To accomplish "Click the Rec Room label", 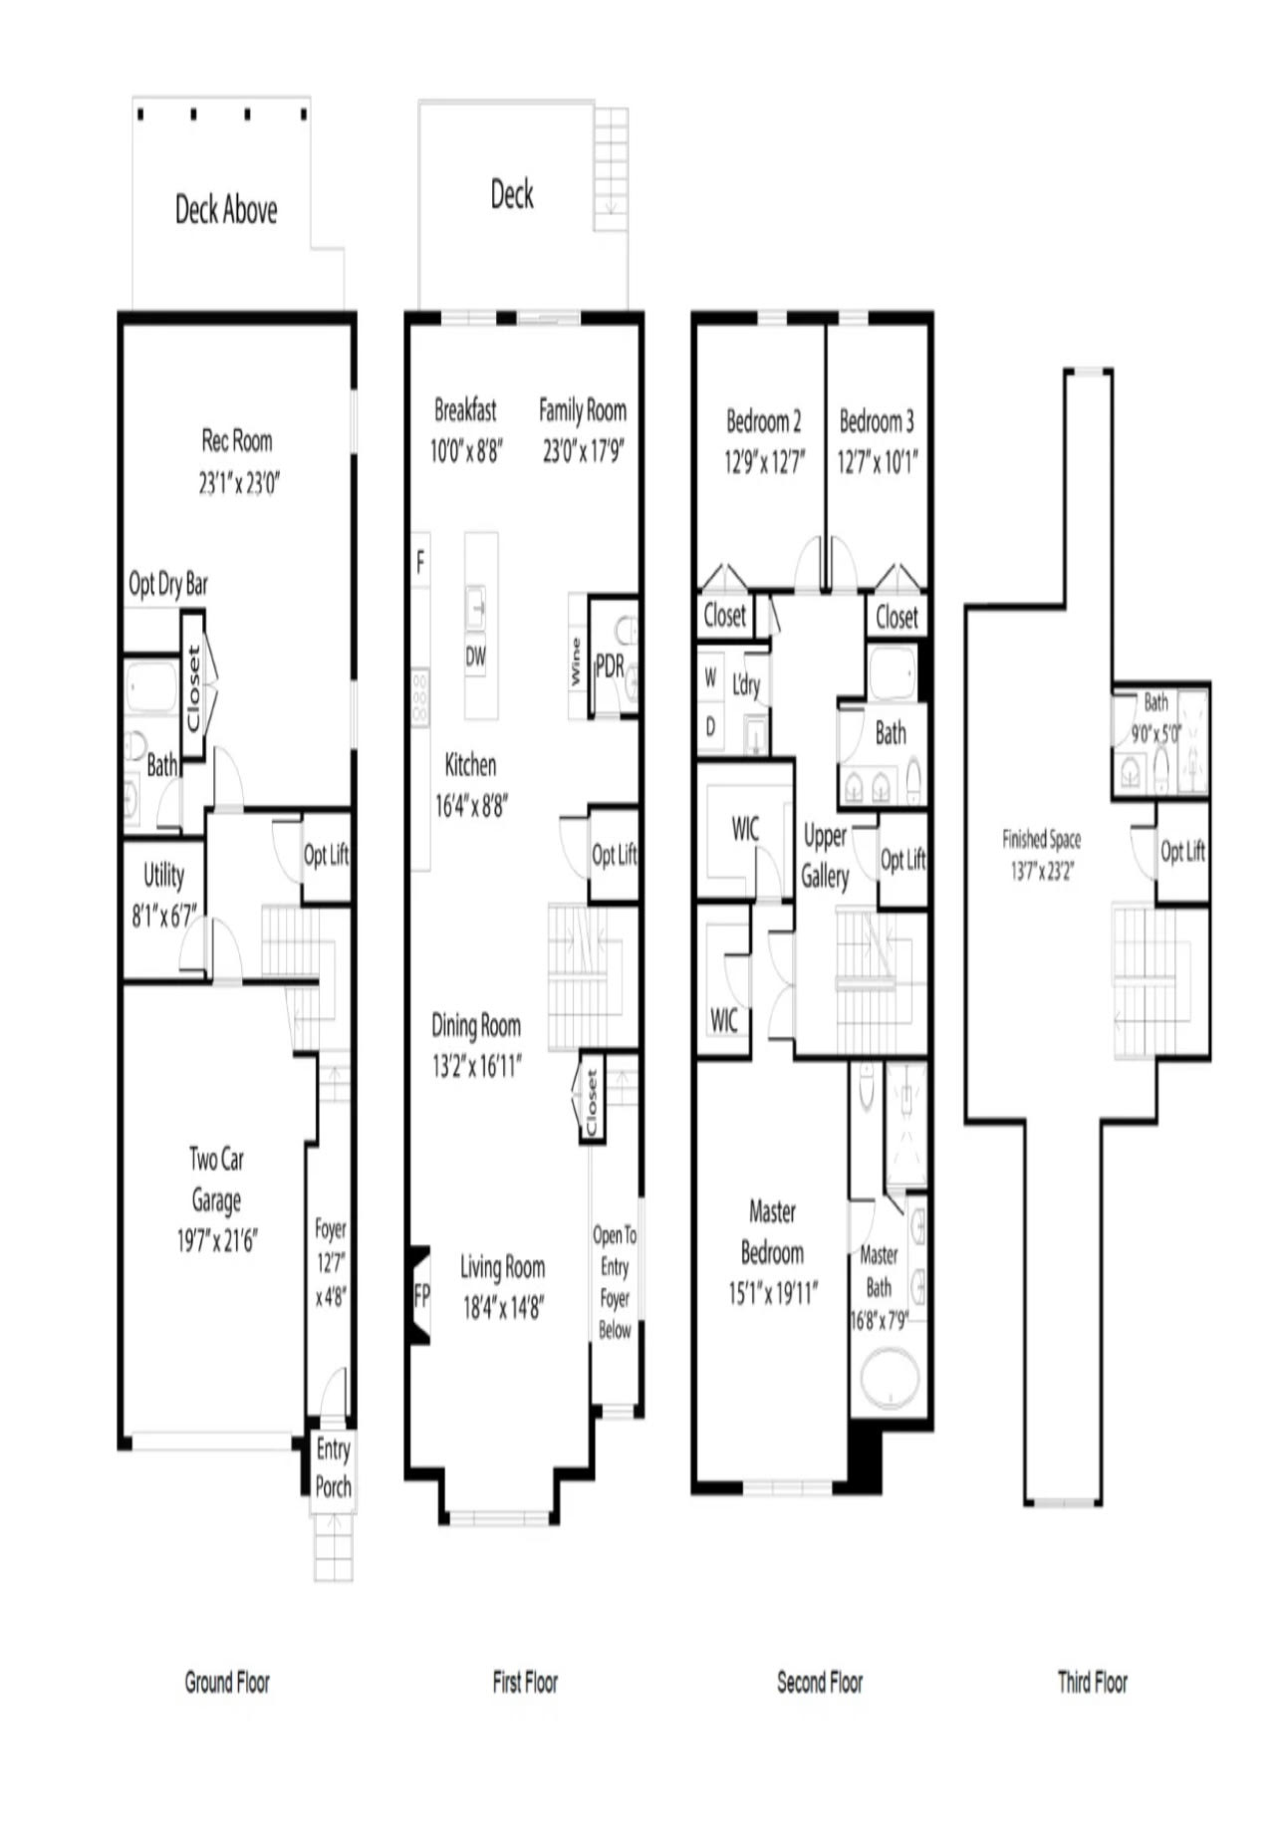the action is [x=237, y=440].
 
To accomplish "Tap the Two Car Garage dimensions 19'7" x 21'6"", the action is [x=217, y=1241].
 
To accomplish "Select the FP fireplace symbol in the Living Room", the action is [x=420, y=1295].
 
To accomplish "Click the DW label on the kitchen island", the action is [x=476, y=657].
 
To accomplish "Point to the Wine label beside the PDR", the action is [x=575, y=661].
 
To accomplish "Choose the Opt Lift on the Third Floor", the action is [x=1182, y=852].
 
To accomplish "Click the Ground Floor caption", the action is [x=227, y=1683].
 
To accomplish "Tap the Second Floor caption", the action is [x=820, y=1683].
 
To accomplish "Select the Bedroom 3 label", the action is [x=877, y=421].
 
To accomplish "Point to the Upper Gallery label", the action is [x=825, y=856].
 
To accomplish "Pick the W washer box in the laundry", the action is [x=710, y=677].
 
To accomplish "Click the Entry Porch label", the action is [x=333, y=1467].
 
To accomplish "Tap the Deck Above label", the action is [x=226, y=209].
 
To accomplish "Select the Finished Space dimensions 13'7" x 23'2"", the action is [x=1042, y=872].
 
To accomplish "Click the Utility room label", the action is [x=163, y=875].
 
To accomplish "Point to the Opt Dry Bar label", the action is [x=168, y=584].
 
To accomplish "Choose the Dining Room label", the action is [x=475, y=1024].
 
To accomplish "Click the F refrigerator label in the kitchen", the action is [x=420, y=563].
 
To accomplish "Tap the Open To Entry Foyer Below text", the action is [x=615, y=1282].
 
